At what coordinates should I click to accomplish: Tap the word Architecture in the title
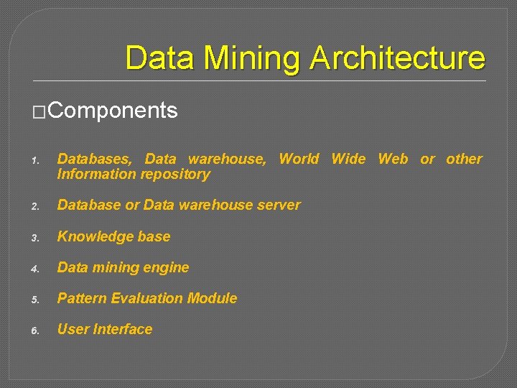(397, 57)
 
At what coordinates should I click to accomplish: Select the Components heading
(113, 111)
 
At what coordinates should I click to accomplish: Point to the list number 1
(34, 160)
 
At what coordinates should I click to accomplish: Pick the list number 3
(34, 238)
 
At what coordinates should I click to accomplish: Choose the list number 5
(34, 300)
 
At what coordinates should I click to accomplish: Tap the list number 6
(34, 331)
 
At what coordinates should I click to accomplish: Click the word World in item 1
(299, 159)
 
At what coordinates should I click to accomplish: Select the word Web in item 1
(392, 159)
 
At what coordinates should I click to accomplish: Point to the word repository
(175, 175)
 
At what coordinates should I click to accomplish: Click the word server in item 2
(279, 205)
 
